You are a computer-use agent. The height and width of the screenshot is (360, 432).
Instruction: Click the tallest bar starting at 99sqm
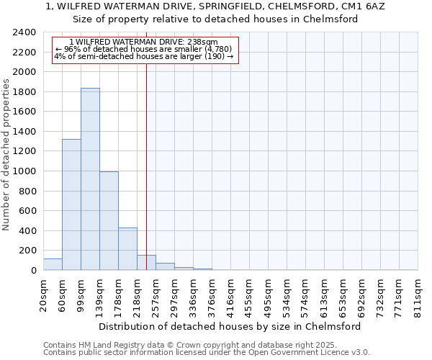click(90, 179)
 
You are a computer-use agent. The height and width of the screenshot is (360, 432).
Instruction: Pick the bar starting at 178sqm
click(127, 249)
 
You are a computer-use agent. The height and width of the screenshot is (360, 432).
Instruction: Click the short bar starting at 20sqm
click(53, 264)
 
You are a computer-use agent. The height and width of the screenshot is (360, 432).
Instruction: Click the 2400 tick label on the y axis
click(24, 33)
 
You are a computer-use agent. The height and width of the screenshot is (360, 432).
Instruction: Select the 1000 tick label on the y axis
click(24, 171)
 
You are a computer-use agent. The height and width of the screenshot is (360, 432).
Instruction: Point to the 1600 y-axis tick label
click(24, 112)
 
